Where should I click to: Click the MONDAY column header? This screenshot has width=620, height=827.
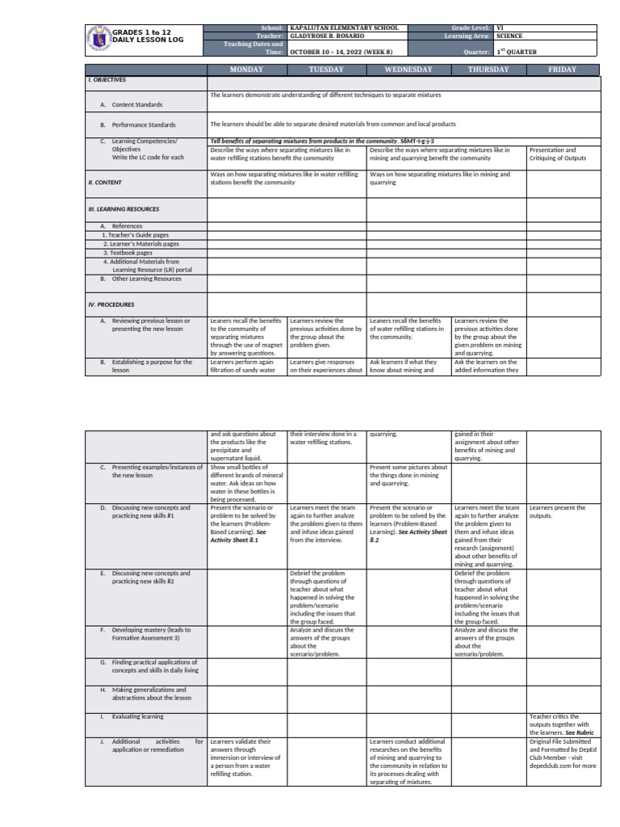click(246, 69)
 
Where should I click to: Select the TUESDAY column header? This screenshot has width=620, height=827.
click(326, 69)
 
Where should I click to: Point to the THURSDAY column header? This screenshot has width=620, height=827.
click(488, 69)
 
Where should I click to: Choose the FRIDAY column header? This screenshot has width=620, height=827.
click(563, 69)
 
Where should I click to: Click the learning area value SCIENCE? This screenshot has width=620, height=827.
click(509, 36)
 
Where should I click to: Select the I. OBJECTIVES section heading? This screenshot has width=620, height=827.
click(107, 81)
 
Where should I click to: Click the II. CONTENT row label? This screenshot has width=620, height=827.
click(105, 183)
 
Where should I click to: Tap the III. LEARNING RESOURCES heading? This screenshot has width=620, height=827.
click(124, 209)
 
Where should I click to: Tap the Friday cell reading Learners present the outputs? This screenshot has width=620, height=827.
click(557, 511)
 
